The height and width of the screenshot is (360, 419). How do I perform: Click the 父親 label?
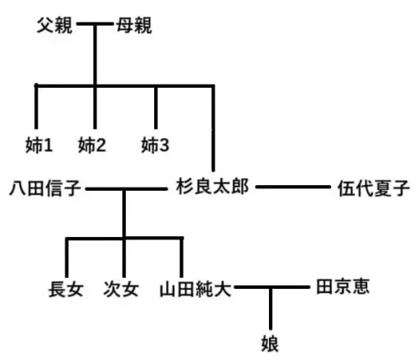(x=54, y=25)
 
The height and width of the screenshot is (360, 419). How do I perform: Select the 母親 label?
(x=134, y=25)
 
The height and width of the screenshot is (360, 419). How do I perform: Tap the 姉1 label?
(x=39, y=145)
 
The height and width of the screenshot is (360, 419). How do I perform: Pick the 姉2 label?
(x=92, y=145)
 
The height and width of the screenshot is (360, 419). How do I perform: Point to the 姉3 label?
(x=155, y=145)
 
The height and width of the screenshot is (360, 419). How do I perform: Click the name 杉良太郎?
(x=212, y=187)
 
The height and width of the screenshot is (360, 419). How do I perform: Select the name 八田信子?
(x=45, y=188)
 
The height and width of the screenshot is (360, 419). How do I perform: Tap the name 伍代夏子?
(x=374, y=188)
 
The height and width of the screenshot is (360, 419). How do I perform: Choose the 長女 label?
(x=66, y=289)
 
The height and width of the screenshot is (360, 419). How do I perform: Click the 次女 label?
(x=121, y=289)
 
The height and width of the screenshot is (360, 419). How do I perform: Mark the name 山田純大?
(x=195, y=289)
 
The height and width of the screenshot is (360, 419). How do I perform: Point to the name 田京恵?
(x=343, y=286)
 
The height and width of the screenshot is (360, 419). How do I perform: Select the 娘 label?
(x=270, y=343)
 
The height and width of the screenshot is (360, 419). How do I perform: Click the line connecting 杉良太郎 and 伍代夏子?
(x=293, y=187)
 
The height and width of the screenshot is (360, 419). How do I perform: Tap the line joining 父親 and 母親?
(x=95, y=23)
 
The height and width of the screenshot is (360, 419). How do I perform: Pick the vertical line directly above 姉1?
(x=36, y=106)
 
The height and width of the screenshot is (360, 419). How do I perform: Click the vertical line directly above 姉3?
(x=156, y=107)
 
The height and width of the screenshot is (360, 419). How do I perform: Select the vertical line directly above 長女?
(x=67, y=257)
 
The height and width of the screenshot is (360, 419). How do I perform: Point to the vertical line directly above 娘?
(x=271, y=309)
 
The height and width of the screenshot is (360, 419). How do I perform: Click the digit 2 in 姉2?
(x=101, y=146)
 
